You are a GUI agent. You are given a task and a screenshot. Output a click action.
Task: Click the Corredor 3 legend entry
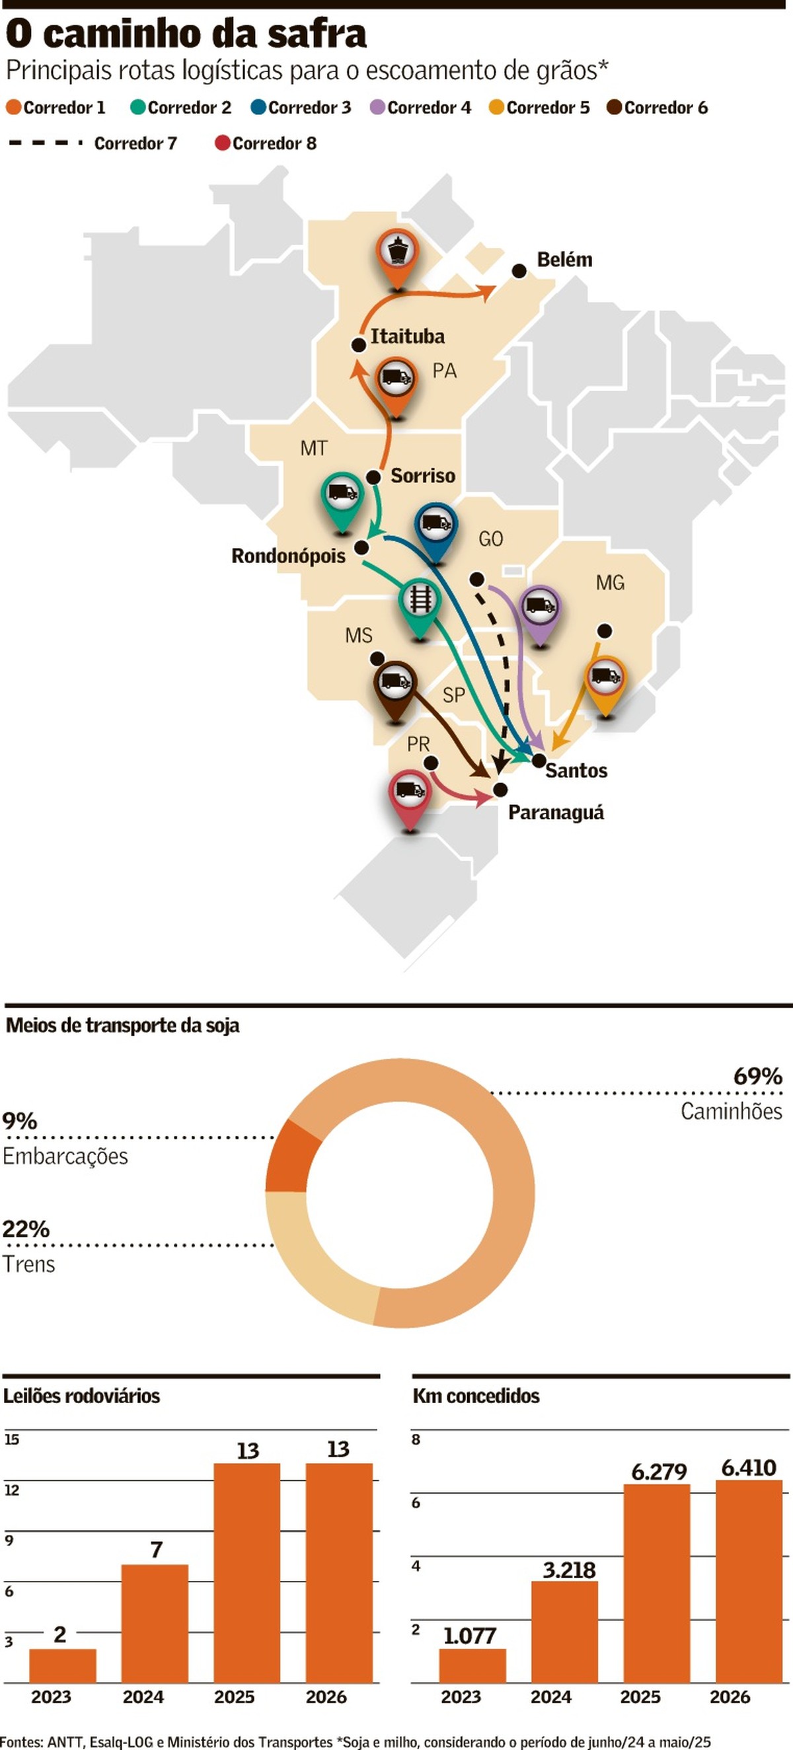301,107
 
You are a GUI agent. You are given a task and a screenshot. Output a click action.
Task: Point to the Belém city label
564,260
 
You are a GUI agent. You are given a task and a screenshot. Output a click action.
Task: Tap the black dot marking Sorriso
373,477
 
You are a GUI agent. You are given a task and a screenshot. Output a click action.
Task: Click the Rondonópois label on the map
288,556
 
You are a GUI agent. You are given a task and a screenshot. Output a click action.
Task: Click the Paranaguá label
556,812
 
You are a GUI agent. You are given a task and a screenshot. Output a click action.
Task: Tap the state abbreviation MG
609,583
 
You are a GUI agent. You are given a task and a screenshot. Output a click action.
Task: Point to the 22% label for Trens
26,1229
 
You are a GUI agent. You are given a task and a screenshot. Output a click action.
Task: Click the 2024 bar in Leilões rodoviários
155,1624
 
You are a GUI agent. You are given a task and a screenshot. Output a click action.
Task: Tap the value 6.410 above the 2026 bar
748,1468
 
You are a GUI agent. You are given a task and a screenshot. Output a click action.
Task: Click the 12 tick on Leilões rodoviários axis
11,1490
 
